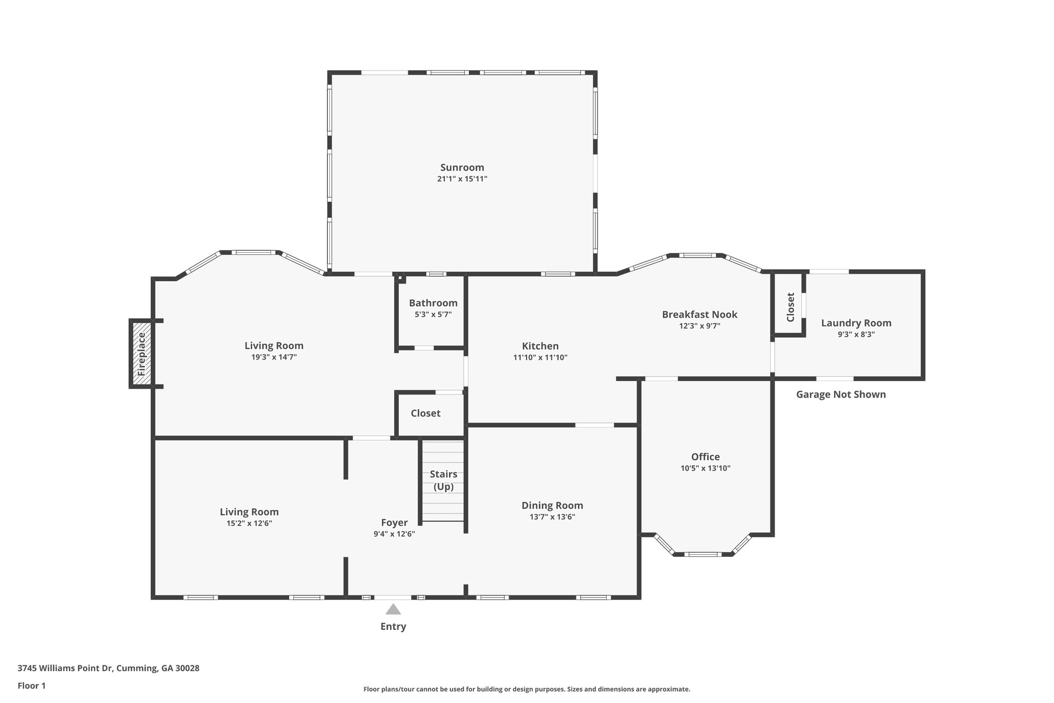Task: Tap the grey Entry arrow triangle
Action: click(x=393, y=610)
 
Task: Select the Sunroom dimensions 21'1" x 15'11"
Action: click(x=462, y=179)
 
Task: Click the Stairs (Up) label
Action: click(x=443, y=480)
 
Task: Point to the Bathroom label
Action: click(x=433, y=303)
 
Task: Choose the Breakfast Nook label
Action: click(x=699, y=314)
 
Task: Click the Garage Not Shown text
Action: click(x=840, y=395)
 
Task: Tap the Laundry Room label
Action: click(x=856, y=323)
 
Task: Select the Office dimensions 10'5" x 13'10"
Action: click(x=705, y=468)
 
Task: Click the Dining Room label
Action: click(x=552, y=505)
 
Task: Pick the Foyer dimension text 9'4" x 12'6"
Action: click(x=394, y=534)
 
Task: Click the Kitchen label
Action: click(x=540, y=346)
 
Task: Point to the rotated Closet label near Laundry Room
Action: click(x=791, y=307)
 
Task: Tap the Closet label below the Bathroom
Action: click(x=425, y=413)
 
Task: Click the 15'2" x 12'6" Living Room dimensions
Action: click(x=249, y=523)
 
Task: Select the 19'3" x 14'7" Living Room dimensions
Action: click(x=274, y=357)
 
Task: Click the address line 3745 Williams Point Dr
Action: click(x=108, y=668)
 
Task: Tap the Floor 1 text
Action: click(x=31, y=685)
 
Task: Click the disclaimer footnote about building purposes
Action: click(x=526, y=689)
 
